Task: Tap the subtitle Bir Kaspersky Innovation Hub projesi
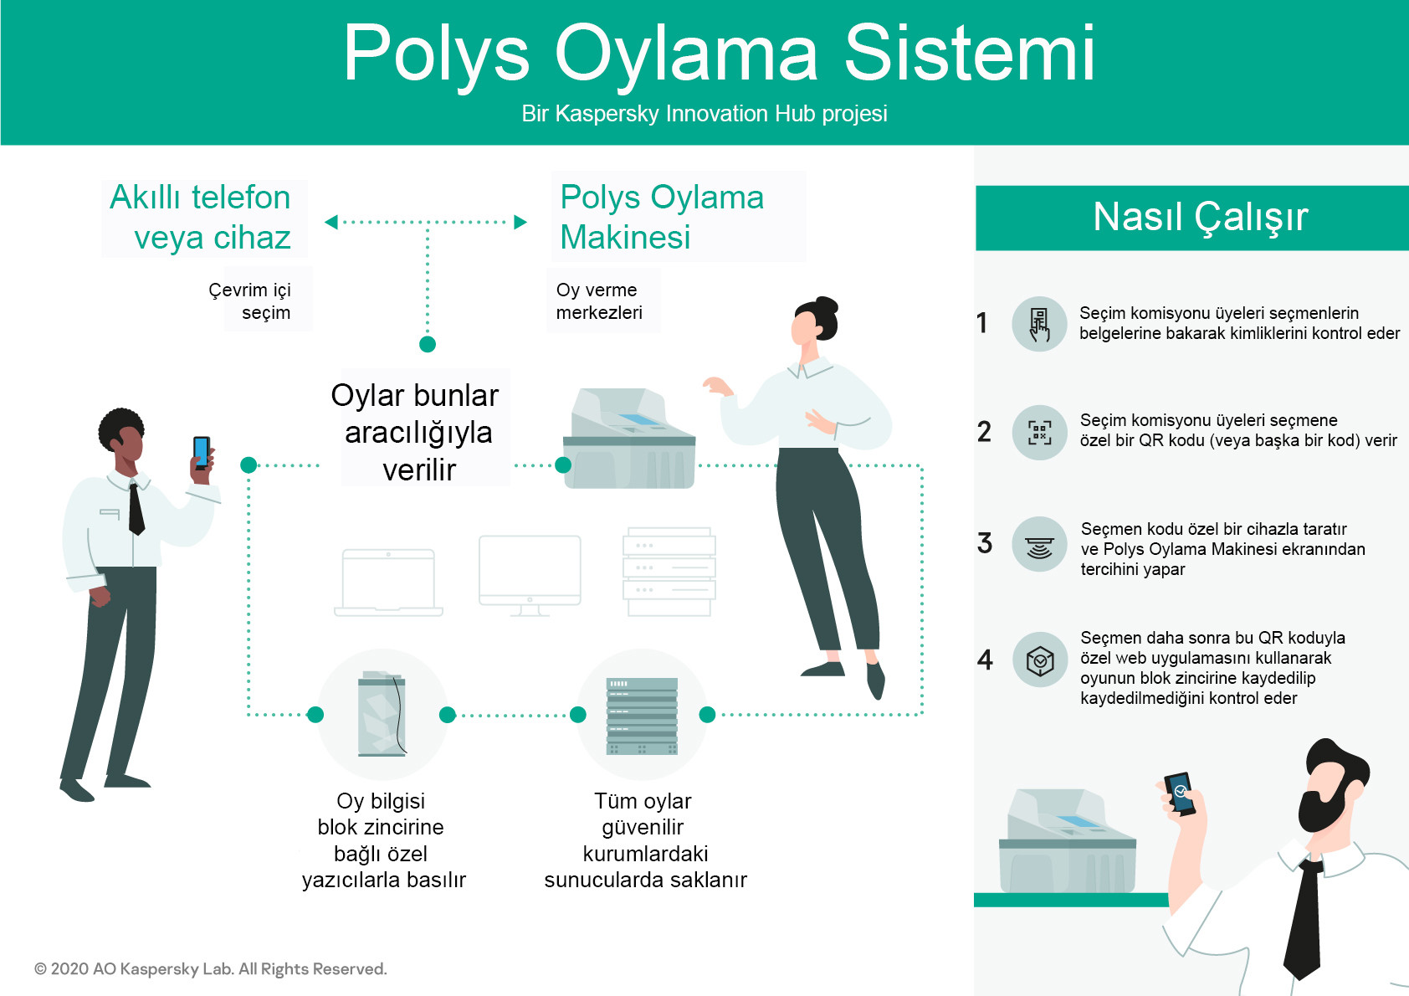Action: [x=704, y=114]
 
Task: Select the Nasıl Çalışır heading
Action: [x=1200, y=218]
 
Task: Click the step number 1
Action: [x=982, y=323]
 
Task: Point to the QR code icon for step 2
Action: [x=1039, y=432]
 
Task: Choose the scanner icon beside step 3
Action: [x=1039, y=545]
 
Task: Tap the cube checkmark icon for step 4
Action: [x=1040, y=660]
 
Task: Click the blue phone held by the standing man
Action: [x=202, y=452]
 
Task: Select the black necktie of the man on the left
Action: [x=136, y=508]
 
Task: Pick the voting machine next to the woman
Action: [x=629, y=439]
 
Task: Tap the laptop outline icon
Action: [x=389, y=583]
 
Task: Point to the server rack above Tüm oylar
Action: [x=643, y=716]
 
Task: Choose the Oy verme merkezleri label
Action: [x=599, y=300]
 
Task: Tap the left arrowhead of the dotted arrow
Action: [x=330, y=222]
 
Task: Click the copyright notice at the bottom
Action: [x=210, y=968]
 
